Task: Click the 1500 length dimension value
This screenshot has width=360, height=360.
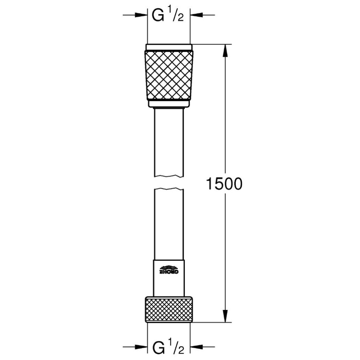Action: click(224, 184)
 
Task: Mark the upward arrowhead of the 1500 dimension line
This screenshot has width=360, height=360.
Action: click(226, 51)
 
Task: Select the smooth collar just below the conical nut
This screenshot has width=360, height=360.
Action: click(169, 104)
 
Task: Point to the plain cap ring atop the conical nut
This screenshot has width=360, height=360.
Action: click(169, 47)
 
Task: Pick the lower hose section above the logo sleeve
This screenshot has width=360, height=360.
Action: click(169, 223)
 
